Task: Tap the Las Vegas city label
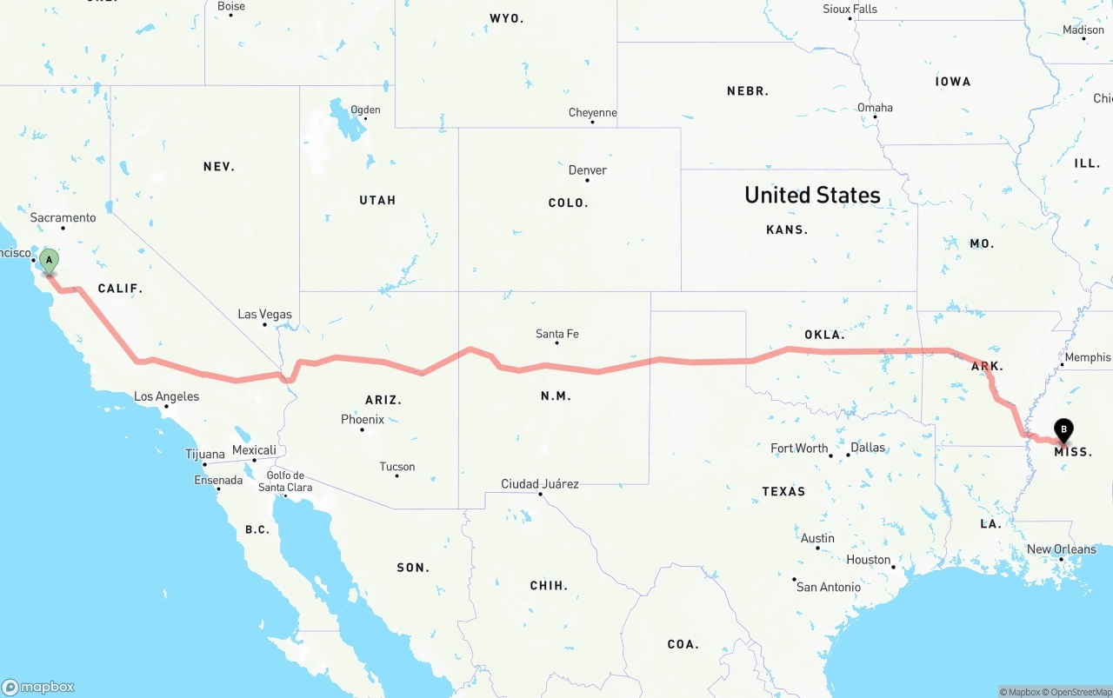(265, 315)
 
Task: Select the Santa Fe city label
(557, 334)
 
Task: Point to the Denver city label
(588, 170)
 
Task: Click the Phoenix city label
(363, 420)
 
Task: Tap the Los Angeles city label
(167, 396)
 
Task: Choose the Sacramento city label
(63, 217)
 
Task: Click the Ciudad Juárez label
(540, 484)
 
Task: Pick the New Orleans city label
(1062, 549)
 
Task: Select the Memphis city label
(1087, 357)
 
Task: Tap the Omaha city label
(875, 108)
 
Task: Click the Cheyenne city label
(593, 113)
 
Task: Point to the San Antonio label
(829, 587)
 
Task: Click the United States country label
(812, 196)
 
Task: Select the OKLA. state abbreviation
(824, 335)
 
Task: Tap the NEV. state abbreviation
(219, 167)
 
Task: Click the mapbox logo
(38, 687)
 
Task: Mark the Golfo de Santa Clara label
(285, 482)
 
